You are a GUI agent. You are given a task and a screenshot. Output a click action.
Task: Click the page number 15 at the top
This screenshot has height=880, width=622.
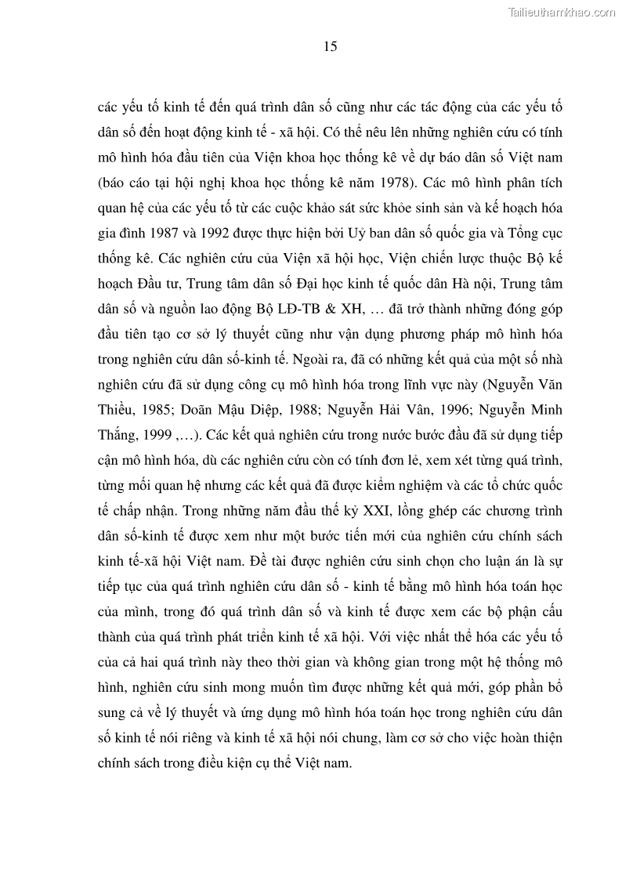pos(330,47)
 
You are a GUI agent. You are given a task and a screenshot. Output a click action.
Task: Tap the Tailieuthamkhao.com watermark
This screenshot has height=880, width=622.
pos(562,12)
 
